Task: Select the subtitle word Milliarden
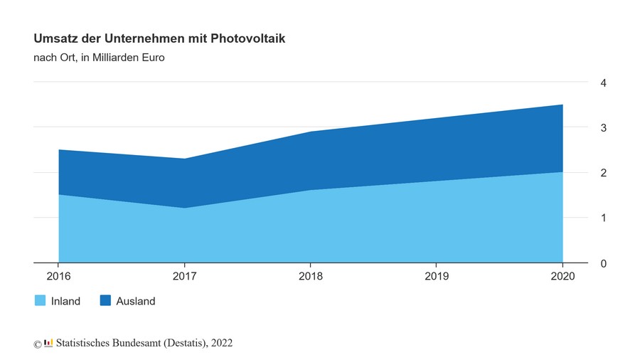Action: tap(112, 58)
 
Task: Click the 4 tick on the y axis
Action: tap(603, 83)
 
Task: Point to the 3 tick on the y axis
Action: tap(603, 128)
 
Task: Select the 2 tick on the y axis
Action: tap(603, 173)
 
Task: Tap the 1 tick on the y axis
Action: tap(603, 218)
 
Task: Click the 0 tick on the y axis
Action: tap(603, 264)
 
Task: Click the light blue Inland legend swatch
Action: tap(41, 301)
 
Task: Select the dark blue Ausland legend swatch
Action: tap(105, 301)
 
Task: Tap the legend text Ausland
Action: tap(135, 301)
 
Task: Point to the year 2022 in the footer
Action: tap(221, 343)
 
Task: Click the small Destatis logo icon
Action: tap(48, 343)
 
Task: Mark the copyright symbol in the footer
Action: tap(38, 344)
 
